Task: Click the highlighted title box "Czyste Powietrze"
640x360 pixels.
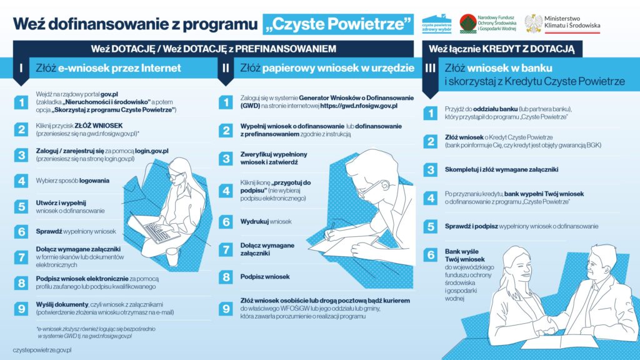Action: (x=338, y=24)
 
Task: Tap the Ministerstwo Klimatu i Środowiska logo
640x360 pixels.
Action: (x=562, y=24)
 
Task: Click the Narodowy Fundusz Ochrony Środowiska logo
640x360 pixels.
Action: (x=488, y=24)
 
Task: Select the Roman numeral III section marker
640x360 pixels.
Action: (x=430, y=69)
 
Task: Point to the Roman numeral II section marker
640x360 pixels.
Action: (x=225, y=69)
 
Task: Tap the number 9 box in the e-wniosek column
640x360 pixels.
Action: (x=21, y=308)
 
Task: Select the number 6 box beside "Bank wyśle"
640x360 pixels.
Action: (x=430, y=254)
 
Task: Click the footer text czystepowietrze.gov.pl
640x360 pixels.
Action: (x=42, y=351)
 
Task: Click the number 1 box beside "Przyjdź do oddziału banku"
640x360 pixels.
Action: (x=430, y=112)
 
